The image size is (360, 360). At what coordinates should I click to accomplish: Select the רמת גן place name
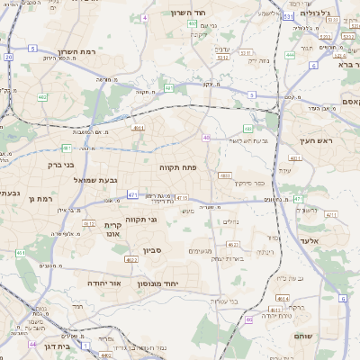coord(42,198)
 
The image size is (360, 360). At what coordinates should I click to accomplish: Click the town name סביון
coord(151,251)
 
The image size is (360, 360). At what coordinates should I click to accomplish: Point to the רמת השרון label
coord(76,51)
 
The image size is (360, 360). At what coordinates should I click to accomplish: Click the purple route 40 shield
coord(206,138)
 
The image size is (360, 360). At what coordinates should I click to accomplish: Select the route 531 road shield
coord(287,17)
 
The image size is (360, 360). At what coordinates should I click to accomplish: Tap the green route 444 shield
coord(290,55)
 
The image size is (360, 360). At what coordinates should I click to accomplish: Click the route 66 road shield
coord(248,319)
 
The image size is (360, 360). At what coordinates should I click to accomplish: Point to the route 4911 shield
coord(138,129)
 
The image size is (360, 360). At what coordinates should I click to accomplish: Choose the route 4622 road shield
coord(130,260)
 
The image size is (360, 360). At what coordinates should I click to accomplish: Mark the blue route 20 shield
coord(8,57)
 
